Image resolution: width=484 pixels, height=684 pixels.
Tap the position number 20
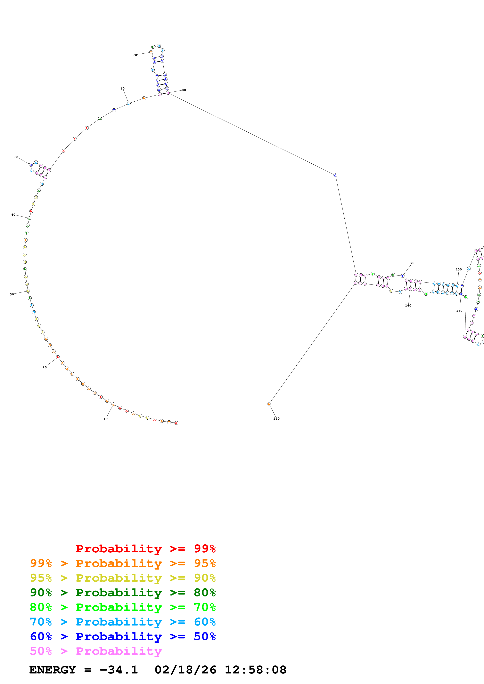45,367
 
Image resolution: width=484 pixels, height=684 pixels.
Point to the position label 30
12,294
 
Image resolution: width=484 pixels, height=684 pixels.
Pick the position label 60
123,89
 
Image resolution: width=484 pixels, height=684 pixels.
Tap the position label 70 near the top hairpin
135,55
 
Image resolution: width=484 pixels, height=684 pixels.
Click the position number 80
184,90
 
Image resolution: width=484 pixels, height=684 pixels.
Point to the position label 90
412,263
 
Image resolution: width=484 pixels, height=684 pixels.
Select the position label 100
459,269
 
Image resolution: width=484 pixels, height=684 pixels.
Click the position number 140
408,305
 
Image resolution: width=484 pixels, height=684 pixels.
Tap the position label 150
276,419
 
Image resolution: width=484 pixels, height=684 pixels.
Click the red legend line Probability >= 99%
145,548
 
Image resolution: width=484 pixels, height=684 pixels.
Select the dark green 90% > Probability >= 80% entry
123,593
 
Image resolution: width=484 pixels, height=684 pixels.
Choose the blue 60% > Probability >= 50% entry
123,636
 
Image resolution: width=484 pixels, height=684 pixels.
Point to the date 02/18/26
185,670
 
